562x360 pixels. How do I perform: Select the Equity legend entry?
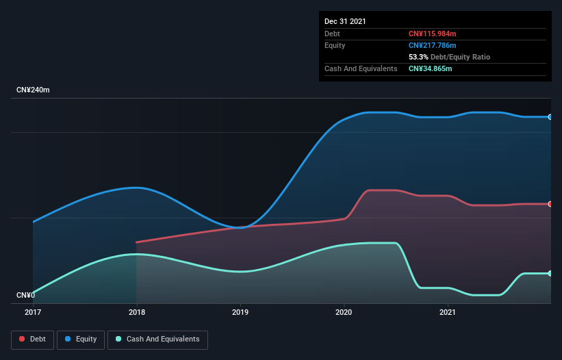81,339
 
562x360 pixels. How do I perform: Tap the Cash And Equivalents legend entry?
157,339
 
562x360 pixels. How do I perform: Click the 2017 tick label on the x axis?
33,312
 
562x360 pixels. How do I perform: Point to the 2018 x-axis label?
137,312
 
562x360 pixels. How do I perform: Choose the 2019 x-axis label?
240,312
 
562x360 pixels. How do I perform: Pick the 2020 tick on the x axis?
344,312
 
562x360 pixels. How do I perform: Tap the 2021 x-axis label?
448,312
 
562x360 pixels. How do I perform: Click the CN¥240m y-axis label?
33,90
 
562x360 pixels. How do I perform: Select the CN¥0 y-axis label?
25,296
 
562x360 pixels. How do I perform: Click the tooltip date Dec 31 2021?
345,21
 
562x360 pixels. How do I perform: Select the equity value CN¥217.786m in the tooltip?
432,45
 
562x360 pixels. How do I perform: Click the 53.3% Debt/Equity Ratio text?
449,57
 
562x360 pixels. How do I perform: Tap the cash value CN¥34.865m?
430,68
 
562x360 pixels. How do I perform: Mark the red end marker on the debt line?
550,204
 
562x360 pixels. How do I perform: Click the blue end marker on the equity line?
550,117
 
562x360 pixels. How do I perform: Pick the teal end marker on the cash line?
550,274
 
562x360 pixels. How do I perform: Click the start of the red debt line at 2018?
137,242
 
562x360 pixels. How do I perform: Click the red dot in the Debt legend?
23,339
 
